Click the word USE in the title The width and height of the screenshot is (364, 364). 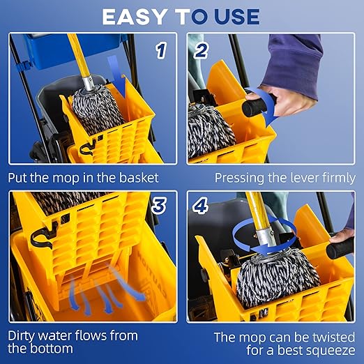coord(234,16)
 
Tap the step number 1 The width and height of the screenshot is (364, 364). coord(161,50)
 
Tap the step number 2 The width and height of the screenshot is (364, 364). coord(202,50)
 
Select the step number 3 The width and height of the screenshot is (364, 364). coord(159,206)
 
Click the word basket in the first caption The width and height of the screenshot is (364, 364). coord(139,178)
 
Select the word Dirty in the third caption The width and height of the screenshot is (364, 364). coord(24,335)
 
